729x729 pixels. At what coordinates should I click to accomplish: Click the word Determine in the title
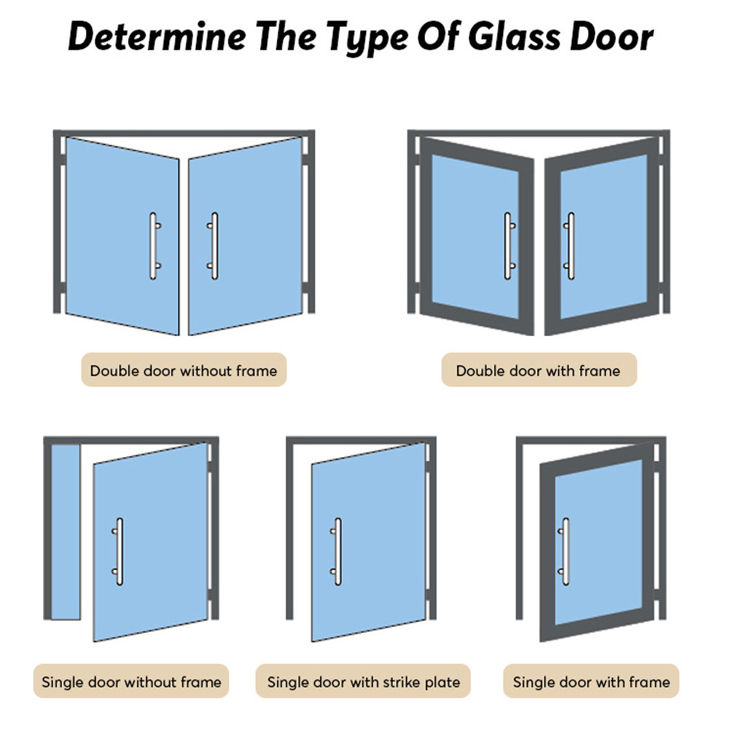pyautogui.click(x=157, y=36)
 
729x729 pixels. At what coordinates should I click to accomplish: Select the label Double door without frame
pyautogui.click(x=184, y=370)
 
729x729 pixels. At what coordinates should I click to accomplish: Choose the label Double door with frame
pyautogui.click(x=539, y=370)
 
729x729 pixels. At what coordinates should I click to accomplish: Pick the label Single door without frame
pyautogui.click(x=131, y=682)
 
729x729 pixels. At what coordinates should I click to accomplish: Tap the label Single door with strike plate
pyautogui.click(x=363, y=682)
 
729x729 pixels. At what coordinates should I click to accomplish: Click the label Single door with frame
pyautogui.click(x=591, y=682)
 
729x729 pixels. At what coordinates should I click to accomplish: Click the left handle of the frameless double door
pyautogui.click(x=153, y=246)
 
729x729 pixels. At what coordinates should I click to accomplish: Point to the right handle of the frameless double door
pyautogui.click(x=214, y=246)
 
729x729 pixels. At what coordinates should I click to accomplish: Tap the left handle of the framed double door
pyautogui.click(x=508, y=246)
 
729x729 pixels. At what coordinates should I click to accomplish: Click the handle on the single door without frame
pyautogui.click(x=120, y=551)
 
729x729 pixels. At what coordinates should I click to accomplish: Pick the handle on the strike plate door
pyautogui.click(x=338, y=551)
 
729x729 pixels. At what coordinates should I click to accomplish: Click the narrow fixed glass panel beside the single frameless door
pyautogui.click(x=66, y=532)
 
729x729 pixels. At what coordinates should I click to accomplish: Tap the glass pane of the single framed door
pyautogui.click(x=599, y=542)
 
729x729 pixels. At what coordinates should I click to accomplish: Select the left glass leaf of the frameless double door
pyautogui.click(x=122, y=235)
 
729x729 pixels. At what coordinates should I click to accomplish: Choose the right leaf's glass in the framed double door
pyautogui.click(x=604, y=237)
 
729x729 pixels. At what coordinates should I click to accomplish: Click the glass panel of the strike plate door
pyautogui.click(x=369, y=542)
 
